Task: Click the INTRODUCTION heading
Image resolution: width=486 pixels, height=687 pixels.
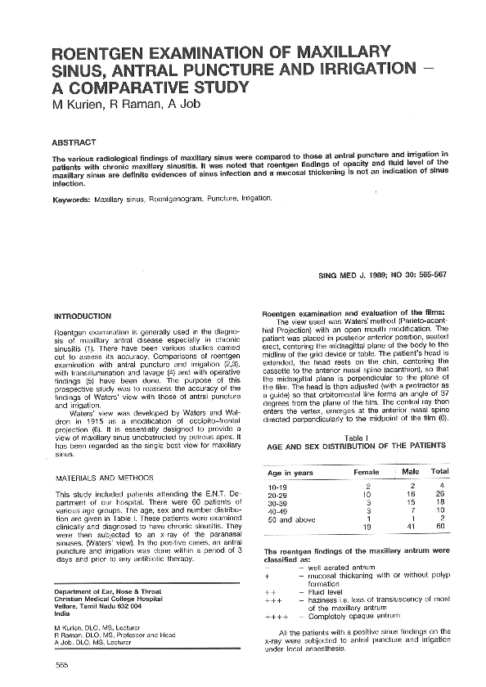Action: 82,316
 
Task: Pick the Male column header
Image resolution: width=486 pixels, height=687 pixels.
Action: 410,471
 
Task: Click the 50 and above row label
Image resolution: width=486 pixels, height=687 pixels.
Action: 291,519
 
